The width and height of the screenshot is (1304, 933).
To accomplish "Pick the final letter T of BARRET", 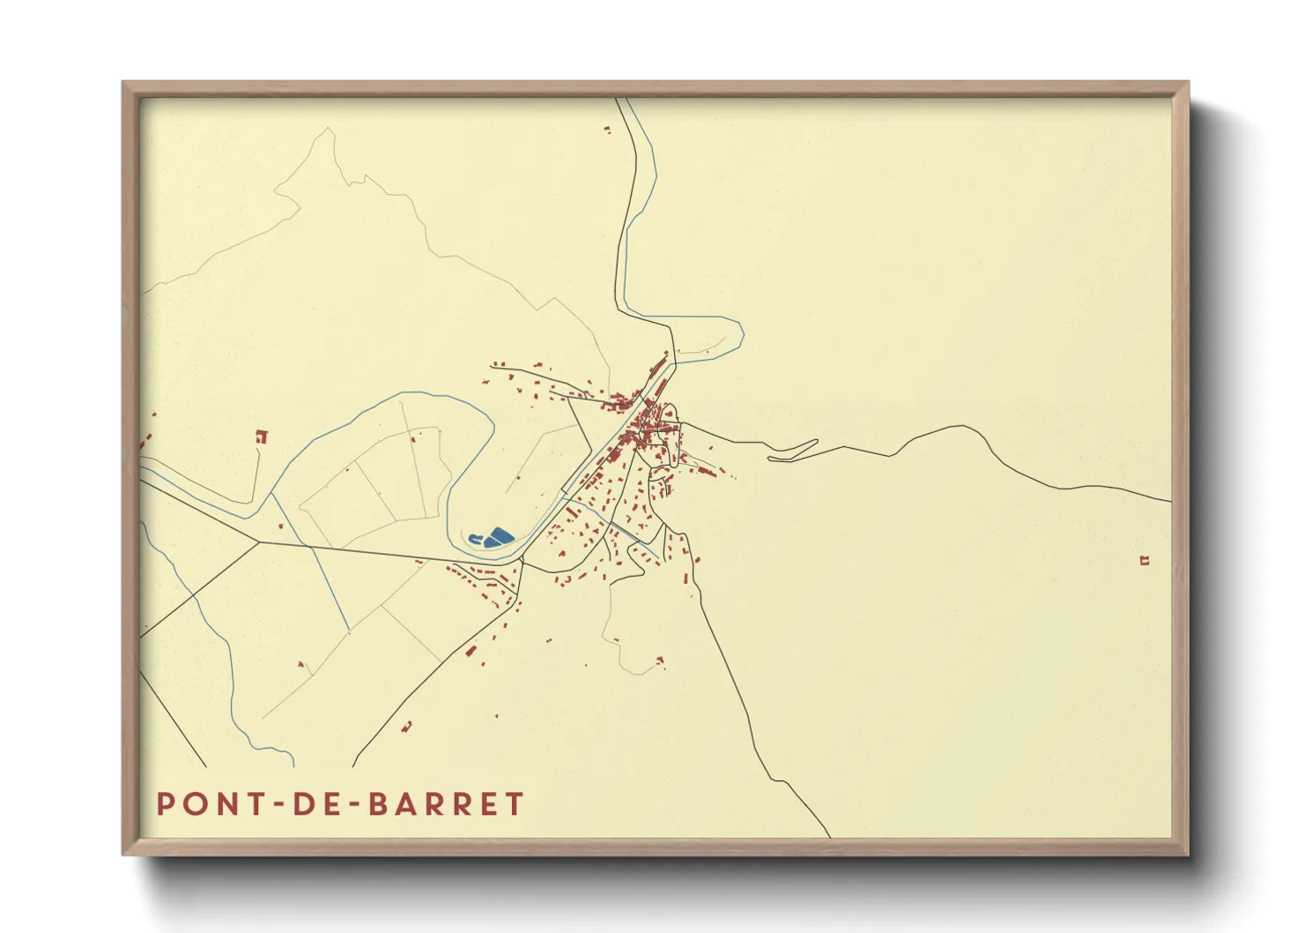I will coord(515,804).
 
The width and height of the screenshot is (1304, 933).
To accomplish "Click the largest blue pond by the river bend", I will coord(501,534).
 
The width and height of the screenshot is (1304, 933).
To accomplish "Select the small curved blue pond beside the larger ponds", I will coord(476,538).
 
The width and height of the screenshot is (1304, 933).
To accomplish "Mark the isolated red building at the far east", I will coord(1145,560).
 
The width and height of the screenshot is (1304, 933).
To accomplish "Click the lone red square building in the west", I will coord(261,436).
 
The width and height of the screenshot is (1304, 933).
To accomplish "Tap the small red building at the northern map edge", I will coord(607,131).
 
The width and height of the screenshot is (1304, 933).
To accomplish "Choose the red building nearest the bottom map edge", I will coord(407,727).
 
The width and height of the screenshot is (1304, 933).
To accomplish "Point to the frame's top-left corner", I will coord(123,83).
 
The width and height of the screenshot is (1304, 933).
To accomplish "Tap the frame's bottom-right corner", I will coord(1188,854).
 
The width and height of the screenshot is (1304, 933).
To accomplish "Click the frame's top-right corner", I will coord(1188,83).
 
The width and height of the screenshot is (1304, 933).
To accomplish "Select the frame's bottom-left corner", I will coord(123,854).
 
